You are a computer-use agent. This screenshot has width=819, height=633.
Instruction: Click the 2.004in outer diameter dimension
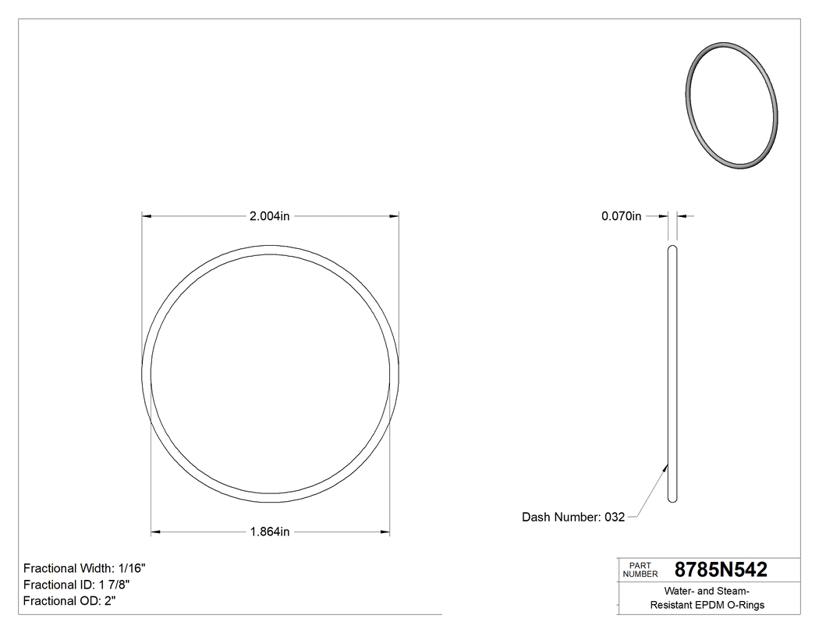[x=269, y=216]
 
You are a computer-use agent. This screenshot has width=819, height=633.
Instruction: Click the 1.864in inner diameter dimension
[x=269, y=532]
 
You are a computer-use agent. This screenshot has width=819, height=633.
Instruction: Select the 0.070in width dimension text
[x=621, y=216]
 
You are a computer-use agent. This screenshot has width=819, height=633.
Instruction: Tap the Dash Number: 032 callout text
[x=573, y=517]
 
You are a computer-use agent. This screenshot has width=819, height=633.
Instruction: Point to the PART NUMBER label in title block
[x=640, y=570]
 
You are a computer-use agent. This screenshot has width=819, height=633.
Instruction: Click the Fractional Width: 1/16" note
[x=84, y=568]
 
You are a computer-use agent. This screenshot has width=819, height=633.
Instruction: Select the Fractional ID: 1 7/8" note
[x=76, y=585]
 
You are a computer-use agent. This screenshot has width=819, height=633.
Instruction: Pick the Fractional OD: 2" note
[x=70, y=601]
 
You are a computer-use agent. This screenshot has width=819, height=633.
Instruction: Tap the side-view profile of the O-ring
[x=672, y=375]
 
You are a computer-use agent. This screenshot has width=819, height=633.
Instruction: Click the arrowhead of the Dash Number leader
[x=665, y=468]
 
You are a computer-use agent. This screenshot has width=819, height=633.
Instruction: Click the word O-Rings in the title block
[x=746, y=605]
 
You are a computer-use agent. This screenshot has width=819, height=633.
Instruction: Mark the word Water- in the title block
[x=680, y=591]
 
